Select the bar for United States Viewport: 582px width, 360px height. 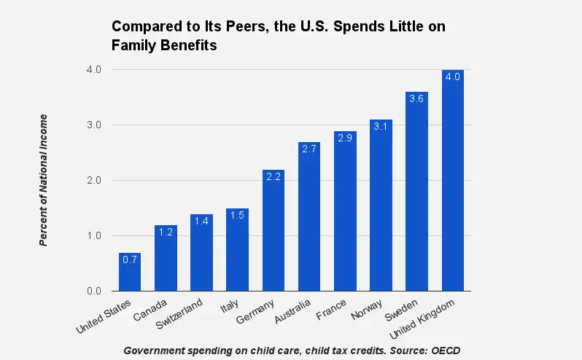coord(130,273)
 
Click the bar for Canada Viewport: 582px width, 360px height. coord(166,259)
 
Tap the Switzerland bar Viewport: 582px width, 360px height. coord(201,254)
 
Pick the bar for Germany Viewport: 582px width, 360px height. coord(273,231)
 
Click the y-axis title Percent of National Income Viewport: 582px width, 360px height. coord(44,180)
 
